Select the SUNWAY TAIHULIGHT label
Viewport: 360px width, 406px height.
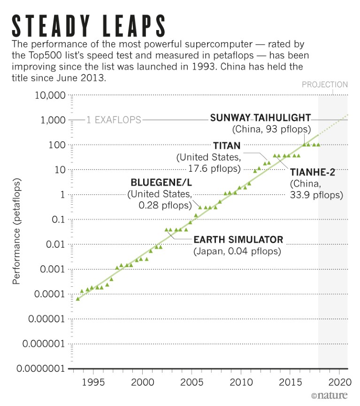click(260, 117)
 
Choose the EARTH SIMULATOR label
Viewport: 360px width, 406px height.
click(238, 240)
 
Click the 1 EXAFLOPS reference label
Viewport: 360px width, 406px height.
click(113, 120)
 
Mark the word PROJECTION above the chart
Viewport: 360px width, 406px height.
click(325, 84)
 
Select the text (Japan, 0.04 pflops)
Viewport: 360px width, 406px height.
click(237, 252)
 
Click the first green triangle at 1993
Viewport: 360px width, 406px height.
click(77, 299)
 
